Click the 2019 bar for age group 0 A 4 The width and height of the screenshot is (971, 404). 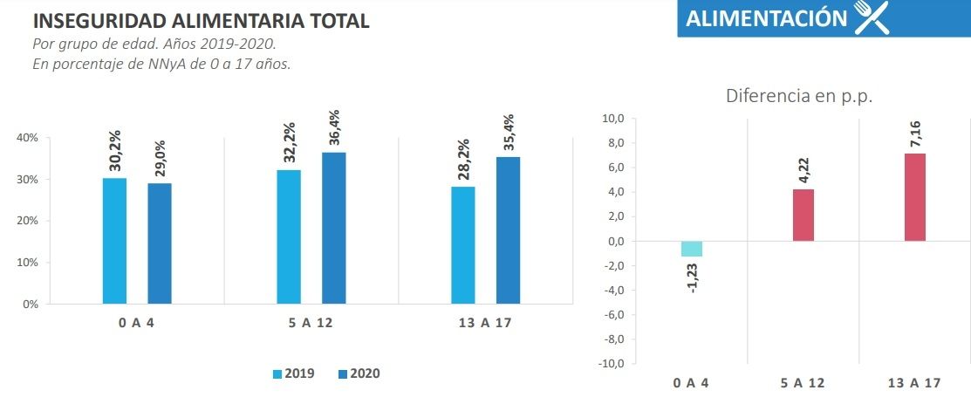[x=114, y=241]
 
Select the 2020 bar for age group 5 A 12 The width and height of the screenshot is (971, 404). [x=333, y=228]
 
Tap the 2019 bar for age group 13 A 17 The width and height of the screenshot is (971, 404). [x=463, y=245]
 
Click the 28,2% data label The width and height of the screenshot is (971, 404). [x=464, y=161]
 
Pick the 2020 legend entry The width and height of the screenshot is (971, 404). [x=359, y=373]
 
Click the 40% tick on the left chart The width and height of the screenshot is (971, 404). [x=29, y=138]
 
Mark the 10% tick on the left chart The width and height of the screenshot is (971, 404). [x=29, y=263]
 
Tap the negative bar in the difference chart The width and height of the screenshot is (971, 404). [x=692, y=249]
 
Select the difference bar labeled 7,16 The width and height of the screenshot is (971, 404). [x=914, y=197]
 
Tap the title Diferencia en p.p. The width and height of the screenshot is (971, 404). [x=799, y=96]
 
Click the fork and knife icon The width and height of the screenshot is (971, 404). [x=871, y=18]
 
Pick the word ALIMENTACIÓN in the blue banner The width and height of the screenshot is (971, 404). [x=766, y=19]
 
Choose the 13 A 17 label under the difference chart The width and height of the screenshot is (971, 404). [x=914, y=383]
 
